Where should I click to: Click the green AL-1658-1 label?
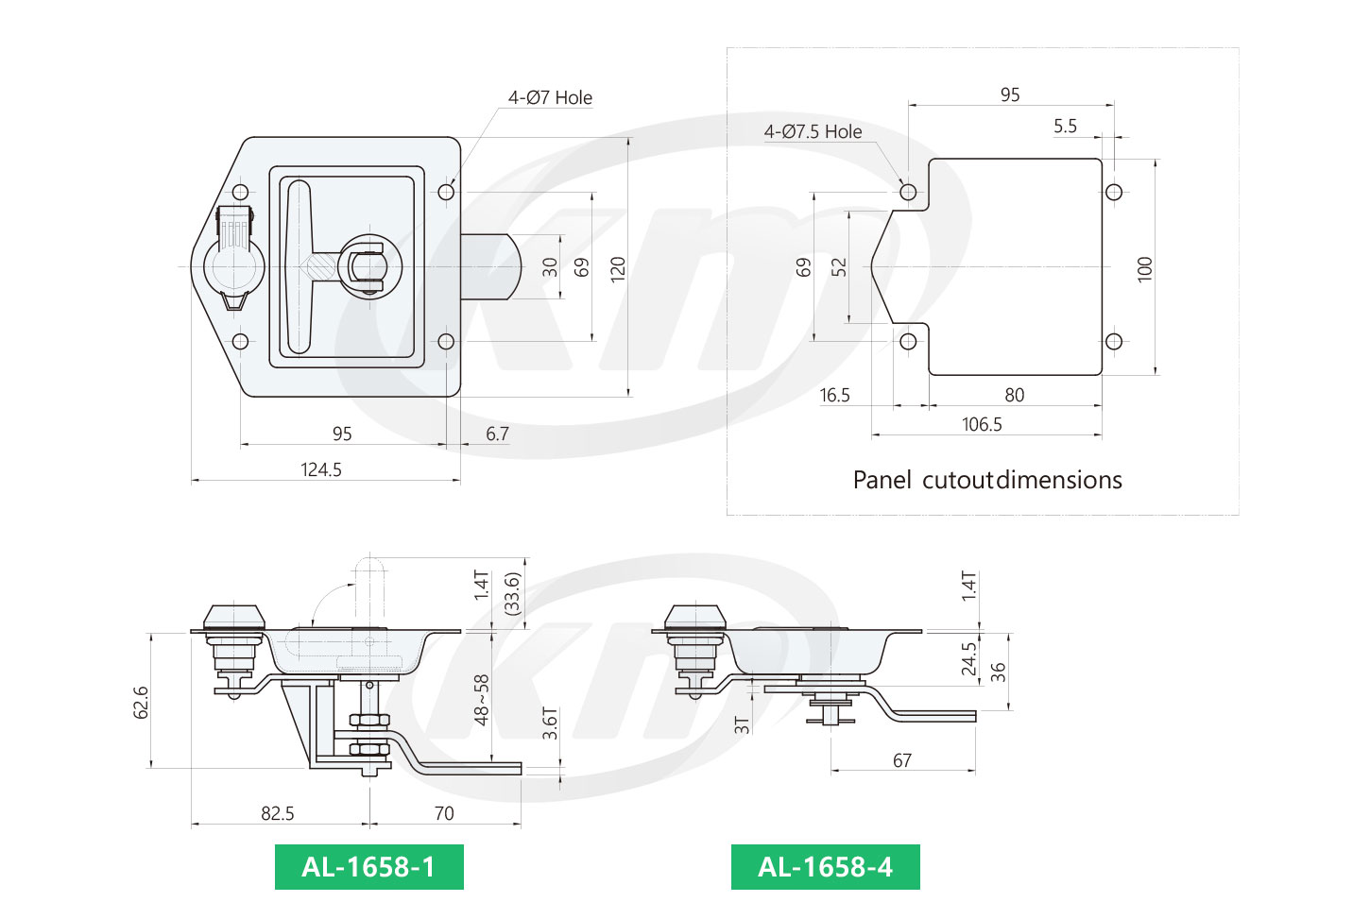point(368,867)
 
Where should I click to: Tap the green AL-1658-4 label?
point(825,867)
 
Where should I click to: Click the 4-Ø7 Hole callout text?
point(550,97)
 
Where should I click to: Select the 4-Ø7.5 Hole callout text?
point(813,131)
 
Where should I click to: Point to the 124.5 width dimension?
point(321,469)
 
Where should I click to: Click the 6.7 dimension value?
point(497,434)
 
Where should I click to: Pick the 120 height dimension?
point(618,267)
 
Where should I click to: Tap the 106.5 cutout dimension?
point(982,424)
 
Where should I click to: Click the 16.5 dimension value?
point(834,395)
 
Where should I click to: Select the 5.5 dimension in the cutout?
point(1065,126)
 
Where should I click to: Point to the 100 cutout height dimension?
point(1145,268)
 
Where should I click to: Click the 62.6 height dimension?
point(141,703)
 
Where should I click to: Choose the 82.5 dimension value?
point(277,813)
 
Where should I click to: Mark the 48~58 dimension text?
point(482,700)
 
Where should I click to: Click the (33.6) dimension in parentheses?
point(513,593)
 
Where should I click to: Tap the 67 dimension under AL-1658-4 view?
point(902,760)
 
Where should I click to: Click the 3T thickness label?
point(743,724)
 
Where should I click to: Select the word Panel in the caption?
point(882,480)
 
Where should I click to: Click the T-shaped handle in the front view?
point(299,267)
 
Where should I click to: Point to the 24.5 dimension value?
point(968,659)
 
